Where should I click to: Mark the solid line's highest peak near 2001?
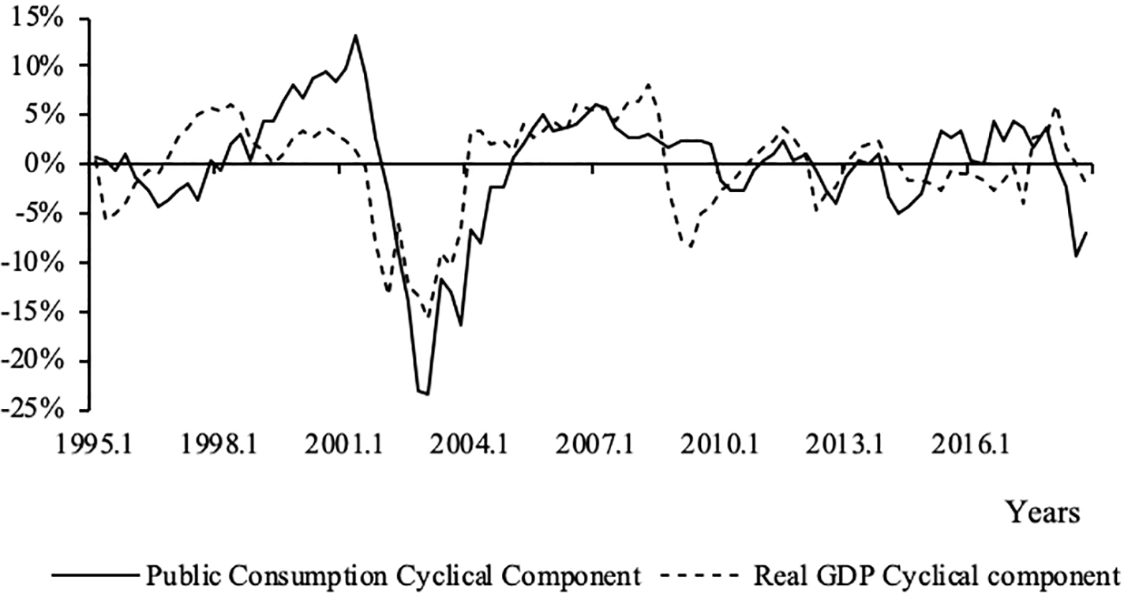tap(356, 36)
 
